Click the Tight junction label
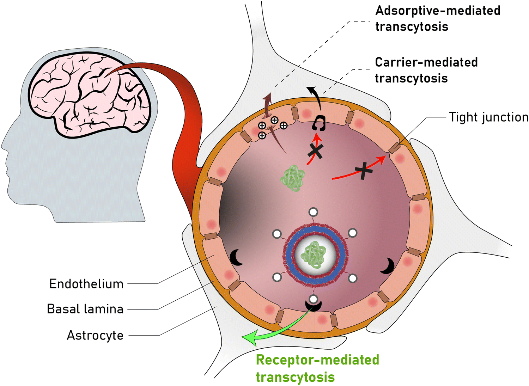[x=488, y=117]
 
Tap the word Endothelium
[x=86, y=284]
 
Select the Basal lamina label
[x=85, y=309]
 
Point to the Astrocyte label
[x=95, y=335]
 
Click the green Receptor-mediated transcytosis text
[x=317, y=368]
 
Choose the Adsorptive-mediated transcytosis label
[x=438, y=18]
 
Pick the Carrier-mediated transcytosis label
[x=426, y=70]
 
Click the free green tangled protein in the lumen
[x=293, y=178]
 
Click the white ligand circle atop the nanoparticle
[x=313, y=212]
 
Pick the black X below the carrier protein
[x=315, y=151]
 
